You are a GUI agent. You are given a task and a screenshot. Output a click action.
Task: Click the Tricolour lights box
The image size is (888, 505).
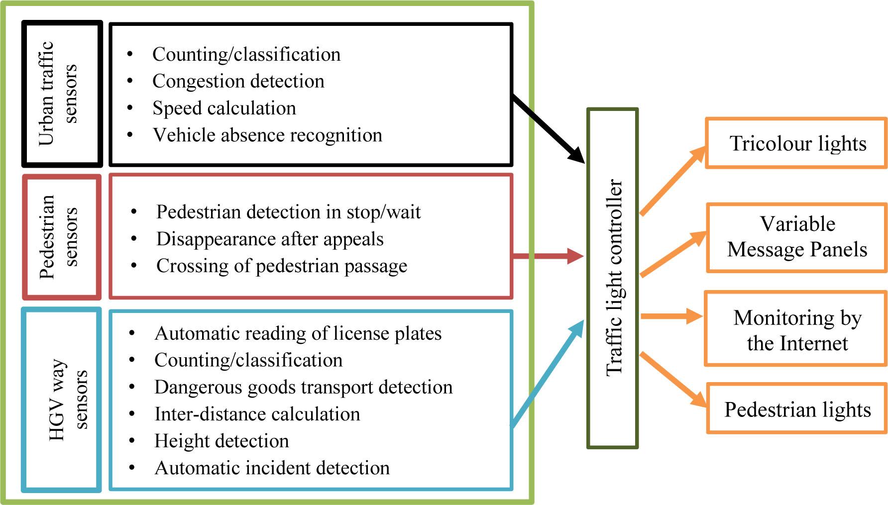tap(796, 143)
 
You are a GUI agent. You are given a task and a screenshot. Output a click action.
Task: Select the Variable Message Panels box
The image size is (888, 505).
tap(796, 237)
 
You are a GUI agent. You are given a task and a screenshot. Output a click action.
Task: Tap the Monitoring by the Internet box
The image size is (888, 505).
tap(796, 330)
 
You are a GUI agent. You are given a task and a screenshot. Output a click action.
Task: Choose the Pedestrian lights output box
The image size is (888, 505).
tap(796, 409)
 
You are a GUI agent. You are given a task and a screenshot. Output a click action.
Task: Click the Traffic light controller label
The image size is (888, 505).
tap(613, 278)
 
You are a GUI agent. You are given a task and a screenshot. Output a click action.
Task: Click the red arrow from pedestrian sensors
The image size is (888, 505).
tap(548, 256)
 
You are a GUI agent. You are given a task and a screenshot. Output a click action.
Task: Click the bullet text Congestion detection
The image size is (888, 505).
tap(238, 81)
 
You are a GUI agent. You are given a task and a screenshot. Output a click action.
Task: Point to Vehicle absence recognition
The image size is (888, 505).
tap(267, 135)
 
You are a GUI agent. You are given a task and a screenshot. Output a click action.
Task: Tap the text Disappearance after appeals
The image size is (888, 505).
tap(270, 239)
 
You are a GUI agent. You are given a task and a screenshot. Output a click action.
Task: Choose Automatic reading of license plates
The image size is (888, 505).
tap(298, 333)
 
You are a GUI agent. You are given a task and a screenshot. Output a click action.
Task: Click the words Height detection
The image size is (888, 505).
tap(222, 441)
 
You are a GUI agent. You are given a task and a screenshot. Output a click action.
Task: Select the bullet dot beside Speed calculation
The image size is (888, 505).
tap(130, 107)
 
